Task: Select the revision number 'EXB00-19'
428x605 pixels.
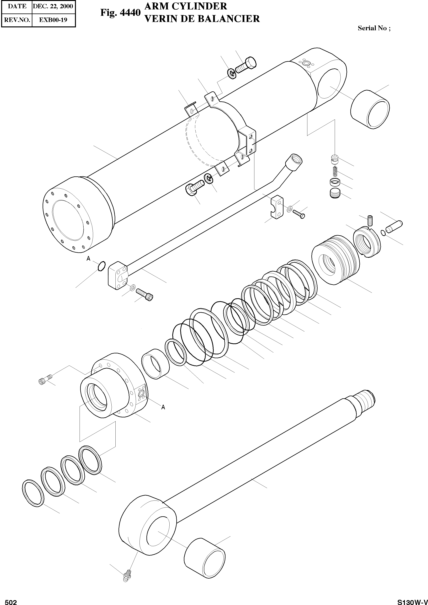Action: coord(53,20)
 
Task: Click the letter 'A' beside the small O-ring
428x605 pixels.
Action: coord(89,259)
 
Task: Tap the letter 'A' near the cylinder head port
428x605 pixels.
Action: coord(163,407)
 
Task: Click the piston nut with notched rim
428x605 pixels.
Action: coord(367,242)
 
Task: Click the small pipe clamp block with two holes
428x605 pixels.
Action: coord(276,206)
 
